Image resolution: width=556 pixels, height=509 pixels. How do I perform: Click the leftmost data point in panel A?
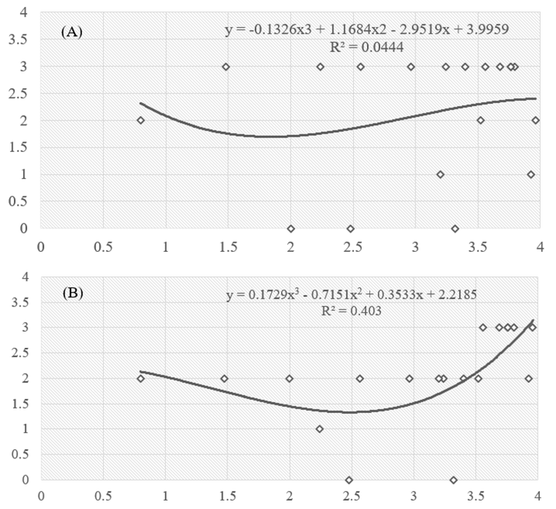(x=141, y=121)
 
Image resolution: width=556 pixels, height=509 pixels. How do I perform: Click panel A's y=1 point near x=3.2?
(x=440, y=174)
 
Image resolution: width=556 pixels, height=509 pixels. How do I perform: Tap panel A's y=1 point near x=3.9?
(x=531, y=174)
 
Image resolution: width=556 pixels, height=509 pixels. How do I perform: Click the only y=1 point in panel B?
(x=319, y=429)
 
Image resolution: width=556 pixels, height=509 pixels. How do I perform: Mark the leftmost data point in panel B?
(x=141, y=378)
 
